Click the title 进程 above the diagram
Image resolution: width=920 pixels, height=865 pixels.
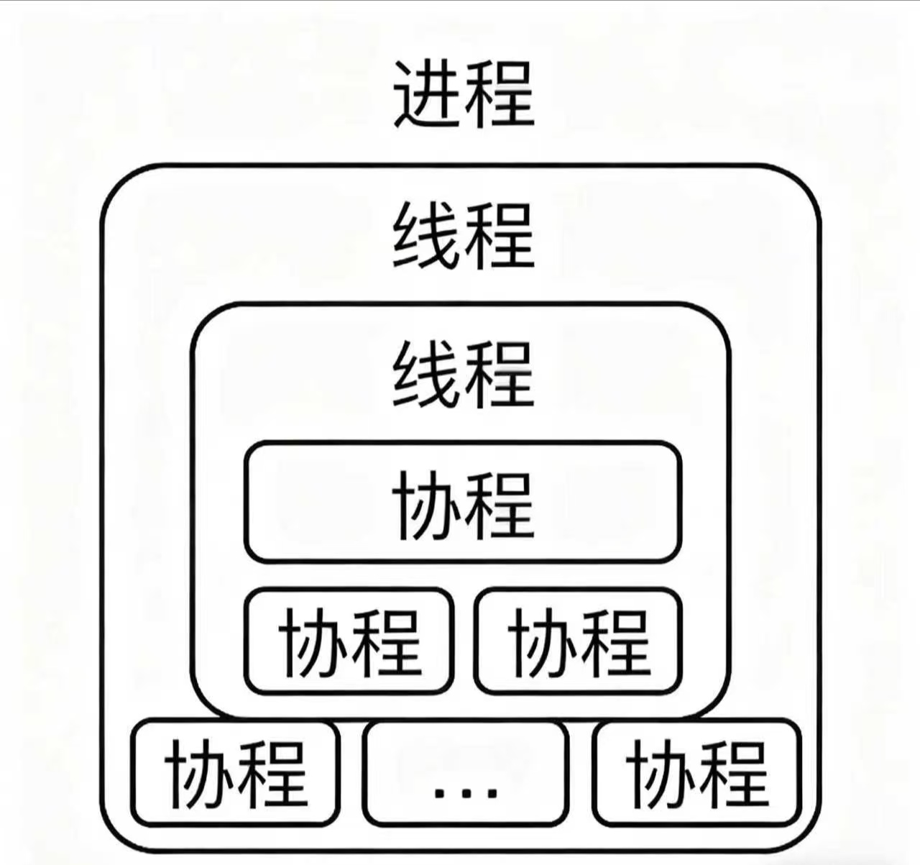coord(464,95)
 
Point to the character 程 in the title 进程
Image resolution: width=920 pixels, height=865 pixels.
coord(500,95)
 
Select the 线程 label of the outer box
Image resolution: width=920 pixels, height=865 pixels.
coord(464,235)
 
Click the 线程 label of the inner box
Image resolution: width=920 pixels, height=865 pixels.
coord(464,374)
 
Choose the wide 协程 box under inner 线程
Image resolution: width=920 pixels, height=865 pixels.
coord(463,502)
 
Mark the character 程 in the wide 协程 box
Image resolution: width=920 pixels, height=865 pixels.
coord(500,505)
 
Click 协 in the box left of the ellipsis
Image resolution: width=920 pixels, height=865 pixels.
coord(201,773)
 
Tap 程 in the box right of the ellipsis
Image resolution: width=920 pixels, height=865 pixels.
coord(732,773)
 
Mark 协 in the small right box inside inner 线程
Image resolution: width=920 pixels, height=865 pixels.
coord(543,641)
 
